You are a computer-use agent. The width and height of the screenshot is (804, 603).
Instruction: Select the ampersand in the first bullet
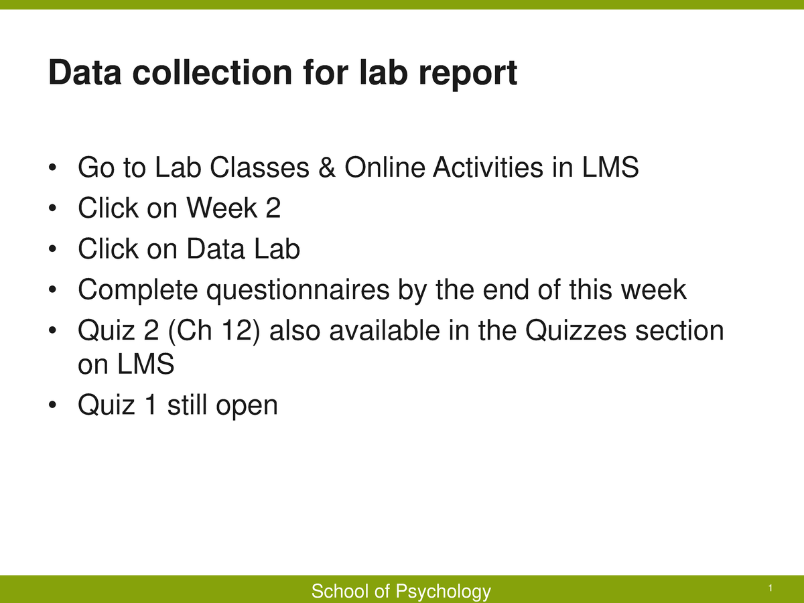point(326,167)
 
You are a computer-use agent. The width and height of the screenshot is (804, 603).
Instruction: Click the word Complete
point(138,290)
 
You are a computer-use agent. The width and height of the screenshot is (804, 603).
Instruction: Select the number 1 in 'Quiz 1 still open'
point(151,405)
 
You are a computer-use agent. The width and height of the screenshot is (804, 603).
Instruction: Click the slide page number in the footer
point(771,588)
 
